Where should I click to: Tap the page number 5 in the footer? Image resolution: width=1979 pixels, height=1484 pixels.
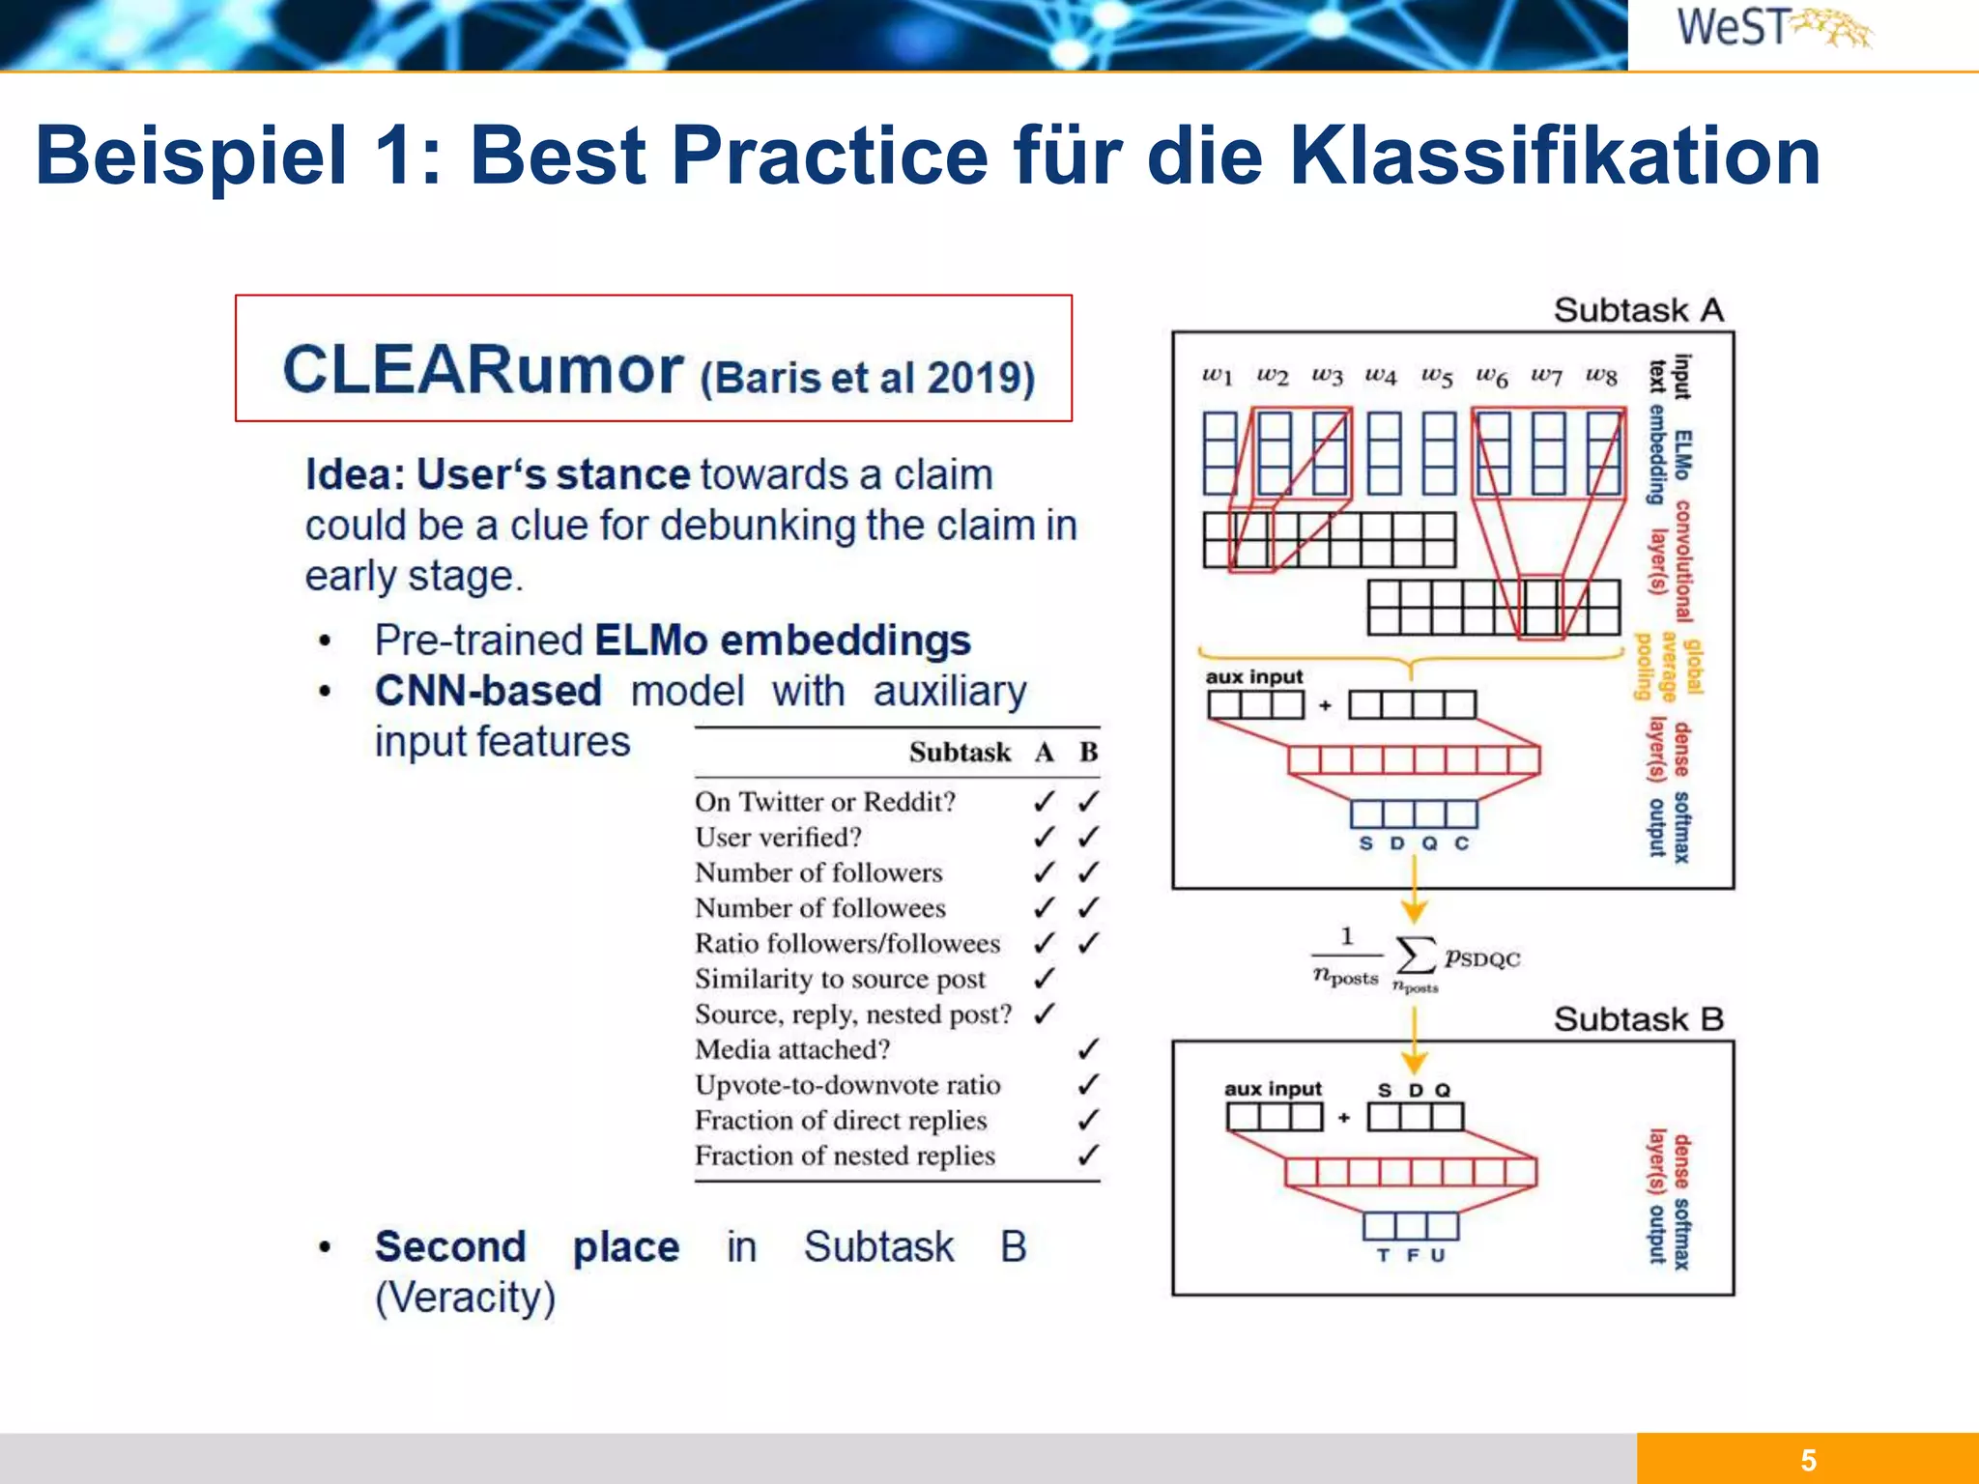tap(1808, 1460)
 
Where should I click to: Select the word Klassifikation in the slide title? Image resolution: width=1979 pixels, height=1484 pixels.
tap(1555, 156)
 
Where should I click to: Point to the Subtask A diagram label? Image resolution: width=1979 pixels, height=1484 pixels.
tap(1639, 310)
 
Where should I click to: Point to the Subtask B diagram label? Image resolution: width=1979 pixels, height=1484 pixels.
tap(1639, 1019)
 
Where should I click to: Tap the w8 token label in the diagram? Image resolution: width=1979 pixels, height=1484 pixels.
tap(1601, 376)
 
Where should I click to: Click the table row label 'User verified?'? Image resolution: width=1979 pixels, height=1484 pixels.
tap(778, 838)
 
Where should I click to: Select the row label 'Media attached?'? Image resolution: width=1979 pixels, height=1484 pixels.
tap(792, 1049)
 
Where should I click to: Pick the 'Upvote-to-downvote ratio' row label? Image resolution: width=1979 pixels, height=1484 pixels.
tap(847, 1085)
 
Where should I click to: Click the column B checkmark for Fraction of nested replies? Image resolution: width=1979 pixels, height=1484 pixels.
tap(1088, 1155)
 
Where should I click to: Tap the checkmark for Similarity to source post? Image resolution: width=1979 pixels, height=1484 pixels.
tap(1044, 979)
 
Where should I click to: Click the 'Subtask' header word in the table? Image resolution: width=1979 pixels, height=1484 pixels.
tap(960, 753)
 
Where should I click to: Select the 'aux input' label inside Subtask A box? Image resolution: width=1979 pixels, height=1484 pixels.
tap(1254, 676)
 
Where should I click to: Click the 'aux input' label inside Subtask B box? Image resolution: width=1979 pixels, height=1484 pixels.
tap(1273, 1089)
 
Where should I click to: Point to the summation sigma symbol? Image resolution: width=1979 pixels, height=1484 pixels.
tap(1416, 956)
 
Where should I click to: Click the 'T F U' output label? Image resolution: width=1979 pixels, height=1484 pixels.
tap(1411, 1255)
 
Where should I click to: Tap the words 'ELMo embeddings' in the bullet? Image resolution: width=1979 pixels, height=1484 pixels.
tap(783, 641)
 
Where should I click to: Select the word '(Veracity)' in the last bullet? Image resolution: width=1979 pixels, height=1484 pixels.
tap(466, 1298)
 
